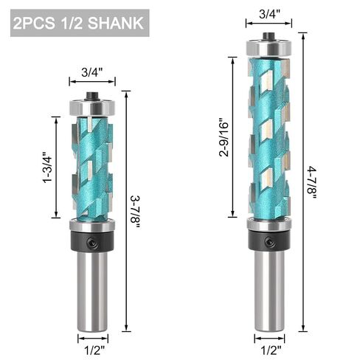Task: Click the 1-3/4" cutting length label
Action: tap(46, 166)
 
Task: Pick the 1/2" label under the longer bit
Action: tap(269, 342)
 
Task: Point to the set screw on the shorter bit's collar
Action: tap(91, 240)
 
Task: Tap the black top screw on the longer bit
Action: tap(269, 34)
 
